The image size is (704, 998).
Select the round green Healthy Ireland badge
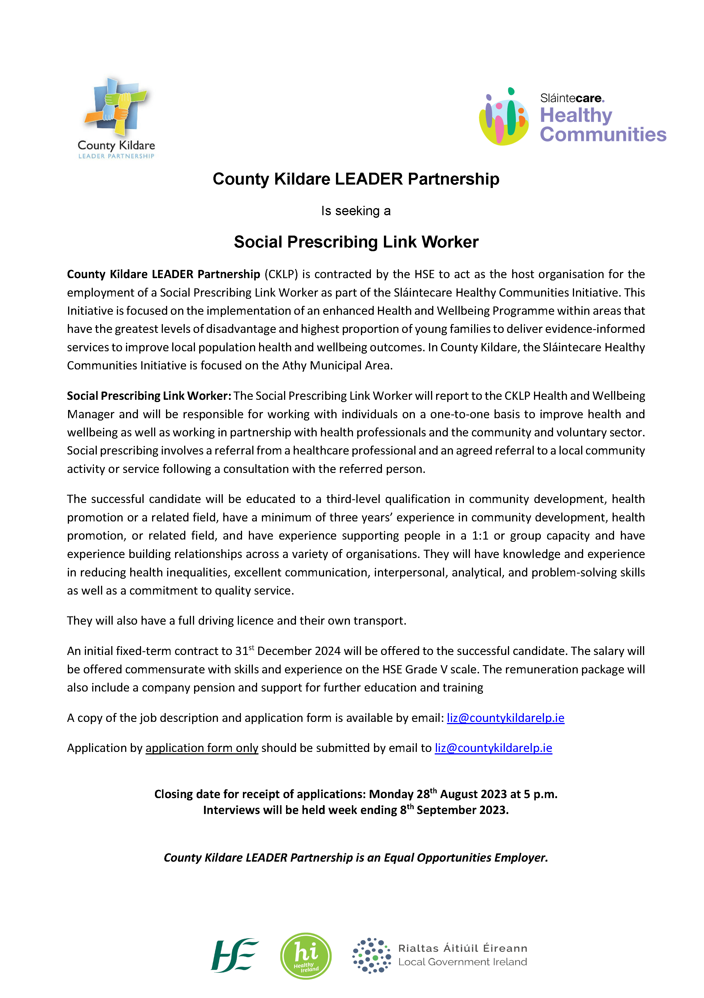306,955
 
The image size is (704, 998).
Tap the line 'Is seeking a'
356,211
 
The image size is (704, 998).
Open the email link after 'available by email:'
505,718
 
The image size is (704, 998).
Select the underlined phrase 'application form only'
202,748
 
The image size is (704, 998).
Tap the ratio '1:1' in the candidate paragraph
480,536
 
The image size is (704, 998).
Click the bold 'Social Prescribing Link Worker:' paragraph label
149,396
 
